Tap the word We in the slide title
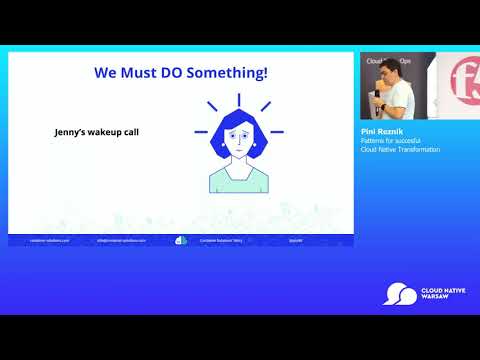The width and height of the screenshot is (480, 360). pyautogui.click(x=107, y=73)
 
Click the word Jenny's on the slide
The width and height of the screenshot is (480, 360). pyautogui.click(x=73, y=132)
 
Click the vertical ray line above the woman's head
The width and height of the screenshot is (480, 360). pyautogui.click(x=237, y=99)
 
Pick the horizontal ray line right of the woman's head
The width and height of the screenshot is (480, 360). pyautogui.click(x=277, y=131)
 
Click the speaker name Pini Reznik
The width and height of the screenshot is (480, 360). pyautogui.click(x=380, y=130)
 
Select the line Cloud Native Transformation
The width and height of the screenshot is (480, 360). pyautogui.click(x=400, y=149)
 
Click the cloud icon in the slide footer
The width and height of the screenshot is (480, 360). pyautogui.click(x=181, y=240)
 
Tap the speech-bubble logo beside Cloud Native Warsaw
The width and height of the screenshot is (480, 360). pyautogui.click(x=402, y=294)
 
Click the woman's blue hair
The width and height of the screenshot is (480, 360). pyautogui.click(x=236, y=128)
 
